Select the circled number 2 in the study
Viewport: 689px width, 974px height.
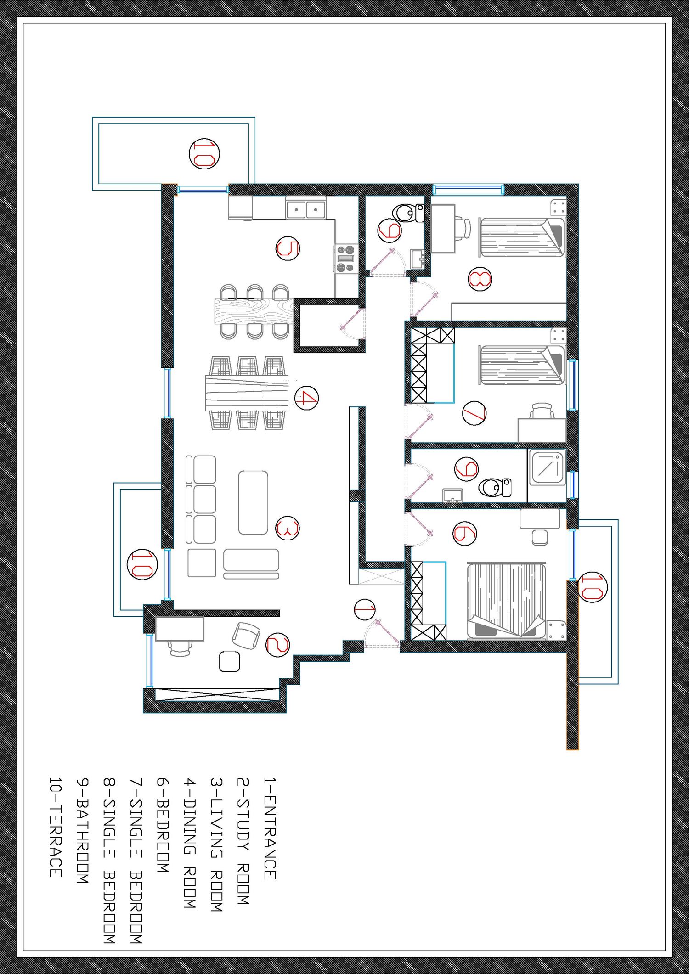pyautogui.click(x=278, y=645)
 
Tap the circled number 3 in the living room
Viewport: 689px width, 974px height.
pyautogui.click(x=288, y=528)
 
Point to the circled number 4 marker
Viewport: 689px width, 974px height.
pyautogui.click(x=306, y=398)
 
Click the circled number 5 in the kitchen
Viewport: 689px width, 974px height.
pyautogui.click(x=288, y=248)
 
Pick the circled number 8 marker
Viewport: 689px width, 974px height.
pyautogui.click(x=480, y=279)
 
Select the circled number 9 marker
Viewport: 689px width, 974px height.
pyautogui.click(x=465, y=534)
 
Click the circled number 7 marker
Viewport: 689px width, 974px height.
pyautogui.click(x=474, y=412)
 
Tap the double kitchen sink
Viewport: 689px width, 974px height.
pyautogui.click(x=306, y=209)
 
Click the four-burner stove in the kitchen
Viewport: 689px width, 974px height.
pyautogui.click(x=346, y=258)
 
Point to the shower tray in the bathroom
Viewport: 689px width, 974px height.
pyautogui.click(x=547, y=468)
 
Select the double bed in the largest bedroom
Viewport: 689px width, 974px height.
pyautogui.click(x=506, y=600)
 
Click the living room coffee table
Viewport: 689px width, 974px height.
pyautogui.click(x=253, y=502)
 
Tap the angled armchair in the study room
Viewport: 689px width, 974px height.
pyautogui.click(x=246, y=636)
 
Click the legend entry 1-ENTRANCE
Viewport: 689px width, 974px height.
pyautogui.click(x=270, y=828)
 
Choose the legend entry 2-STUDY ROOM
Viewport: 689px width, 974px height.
pyautogui.click(x=243, y=841)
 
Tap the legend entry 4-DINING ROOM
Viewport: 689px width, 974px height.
pyautogui.click(x=190, y=843)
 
